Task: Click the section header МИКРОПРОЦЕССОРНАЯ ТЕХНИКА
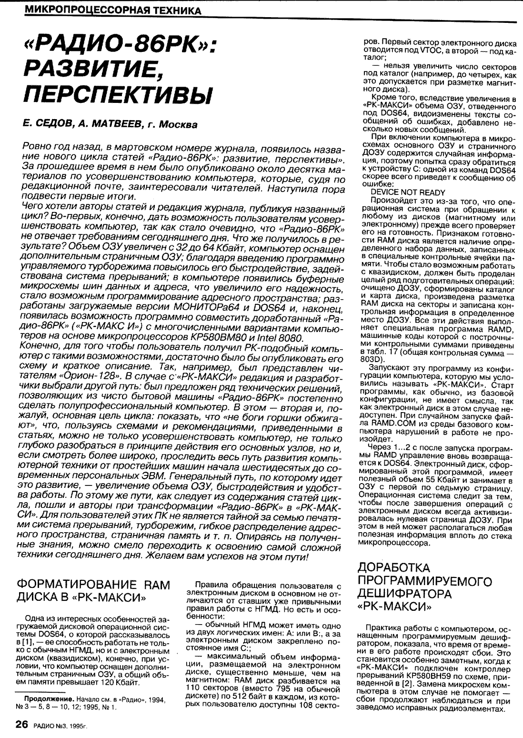pyautogui.click(x=114, y=10)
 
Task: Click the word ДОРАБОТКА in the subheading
pyautogui.click(x=393, y=568)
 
